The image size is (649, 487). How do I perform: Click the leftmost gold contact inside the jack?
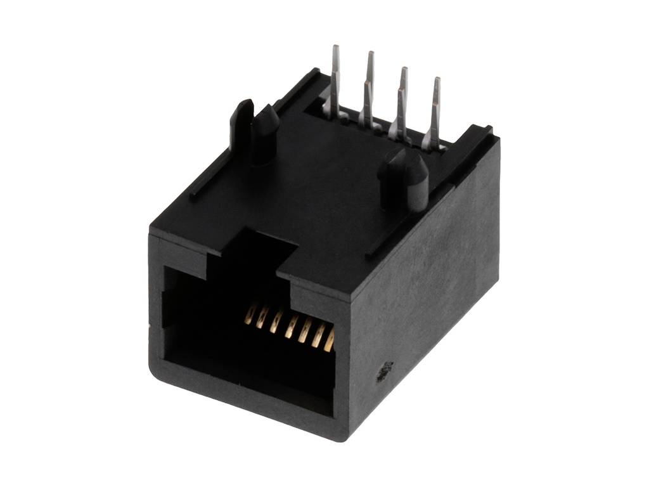(250, 315)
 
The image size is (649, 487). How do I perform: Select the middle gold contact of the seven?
(291, 327)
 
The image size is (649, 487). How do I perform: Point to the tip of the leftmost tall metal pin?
(336, 49)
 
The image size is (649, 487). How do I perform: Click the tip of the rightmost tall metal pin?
(436, 81)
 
